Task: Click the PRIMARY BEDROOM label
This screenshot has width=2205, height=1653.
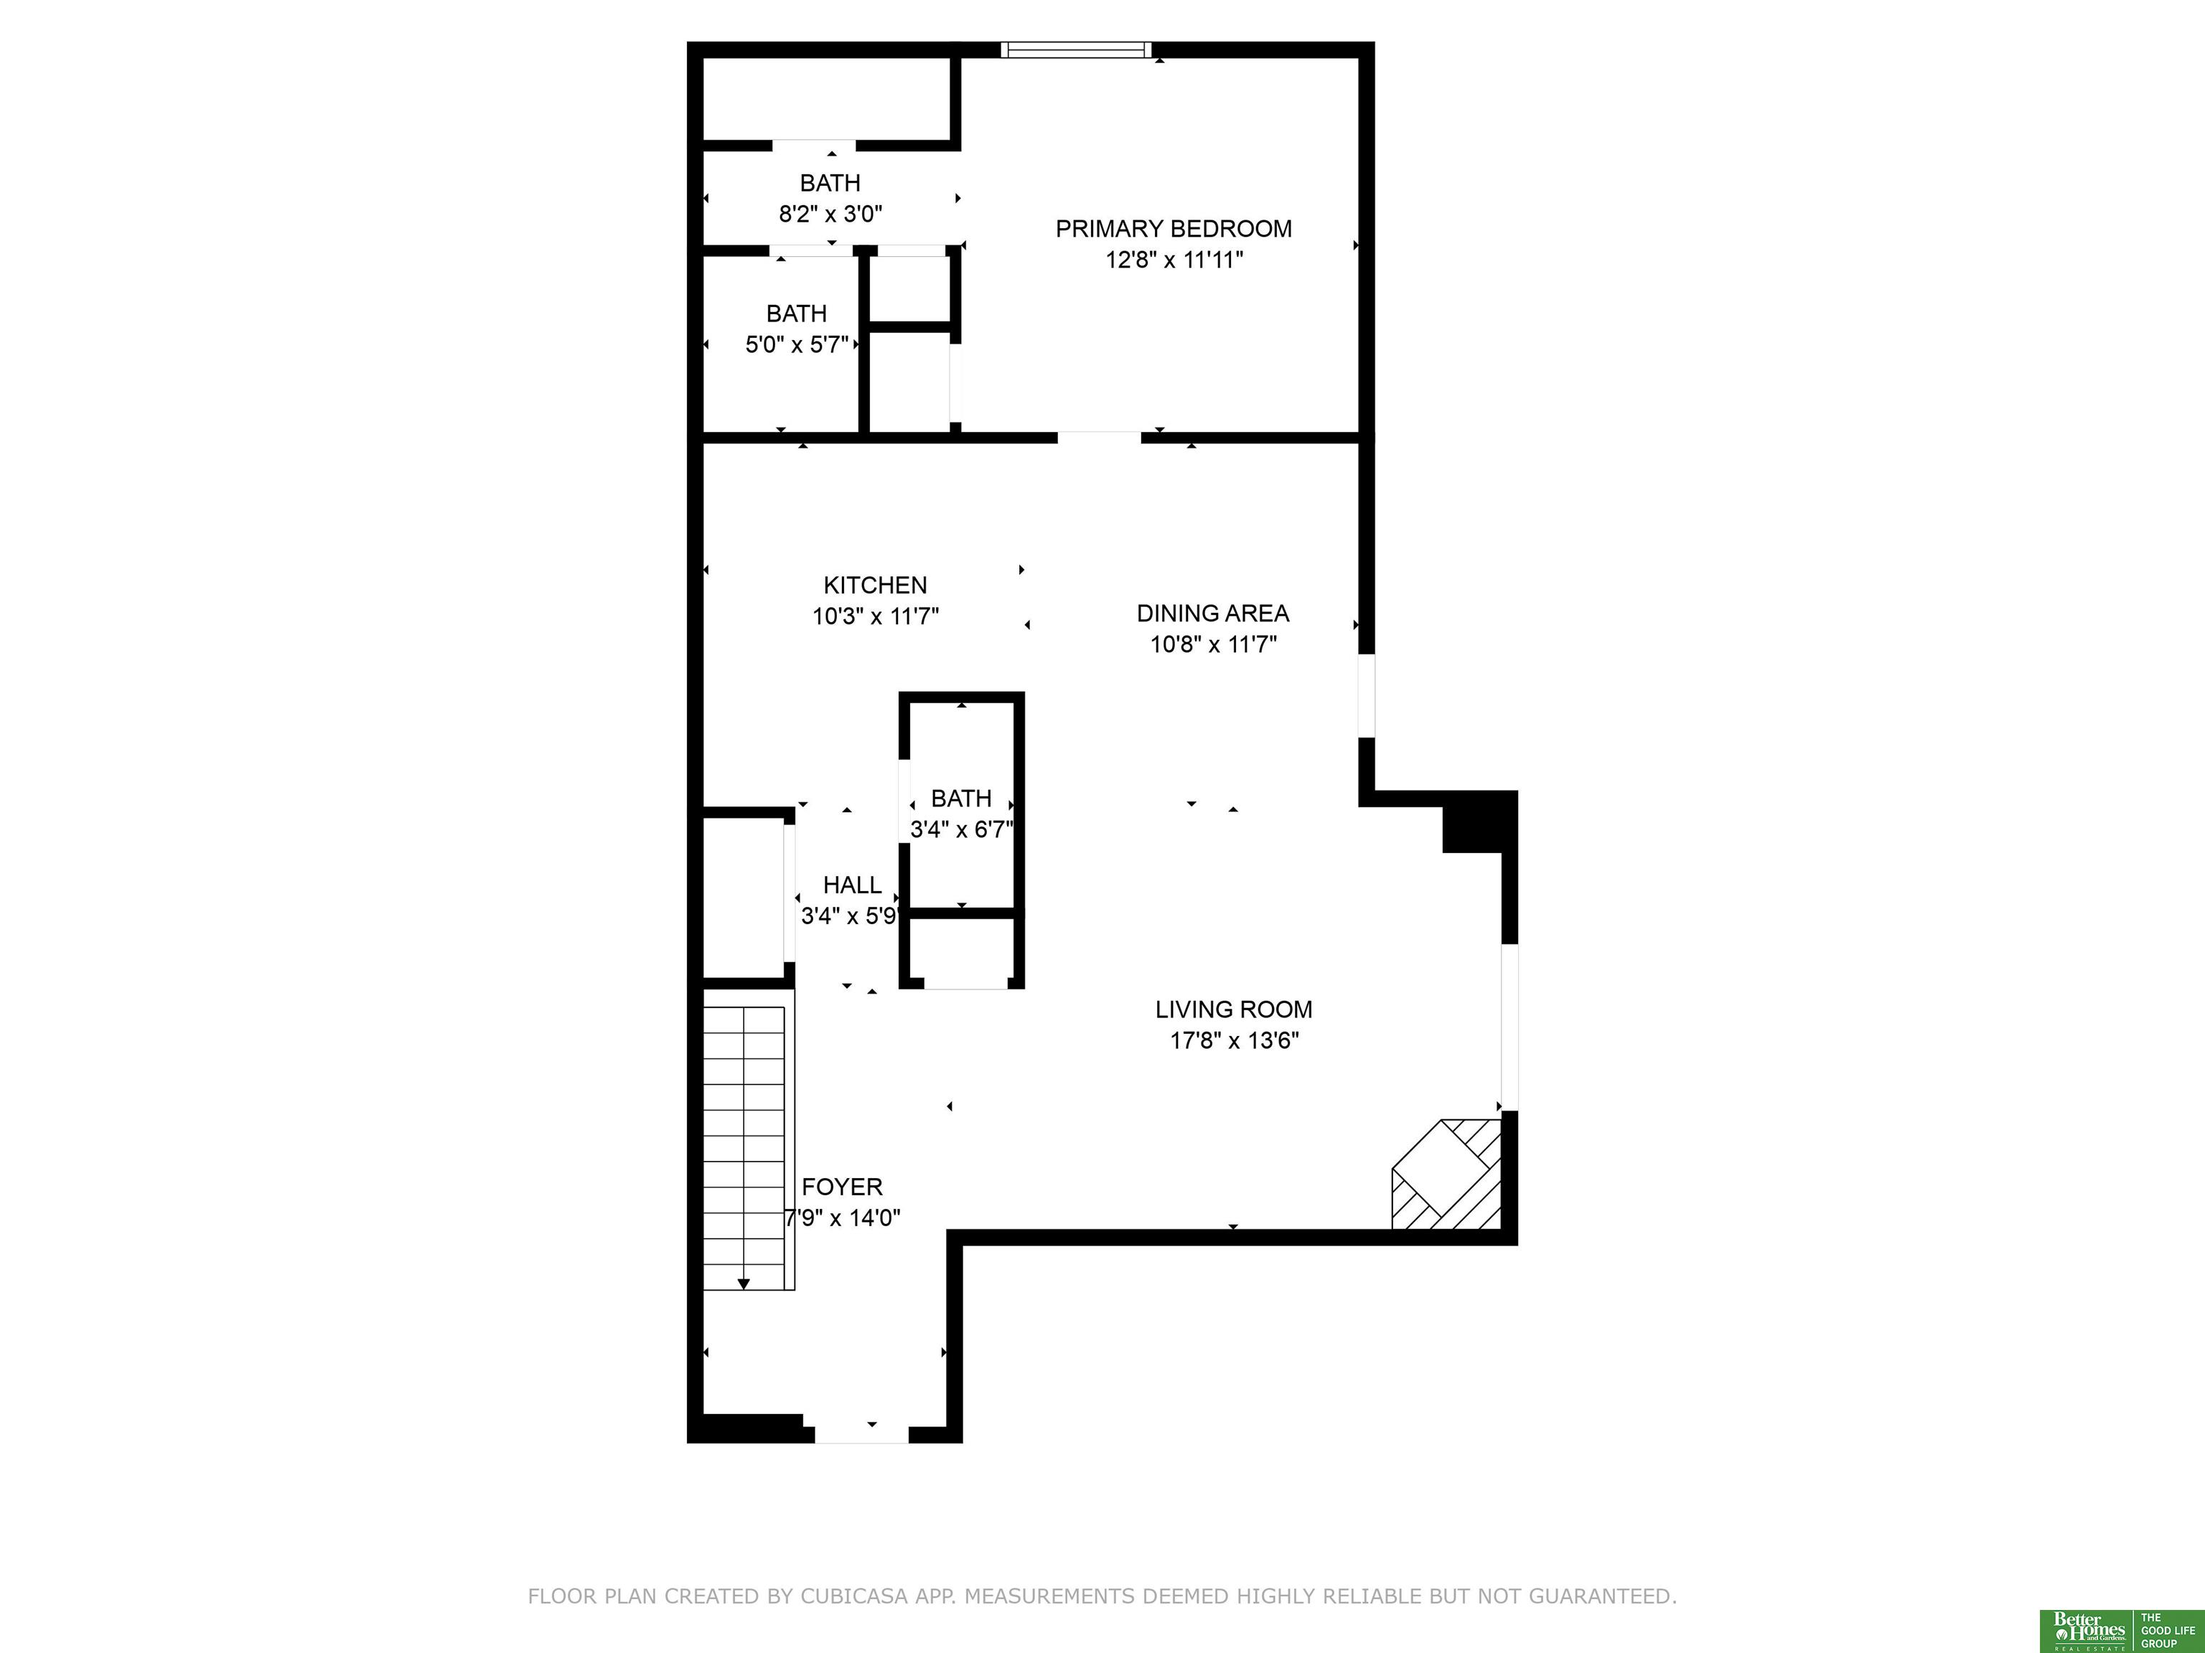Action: click(x=1174, y=229)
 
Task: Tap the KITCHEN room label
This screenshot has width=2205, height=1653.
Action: click(x=875, y=585)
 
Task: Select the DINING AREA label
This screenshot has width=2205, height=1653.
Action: click(x=1213, y=613)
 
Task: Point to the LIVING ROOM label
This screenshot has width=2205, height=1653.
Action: click(x=1234, y=1009)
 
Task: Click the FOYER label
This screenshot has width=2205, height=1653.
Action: click(x=843, y=1187)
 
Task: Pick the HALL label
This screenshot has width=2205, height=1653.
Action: click(x=852, y=885)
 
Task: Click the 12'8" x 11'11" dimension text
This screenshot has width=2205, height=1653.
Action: click(x=1174, y=260)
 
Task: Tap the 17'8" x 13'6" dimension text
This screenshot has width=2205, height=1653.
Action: click(x=1234, y=1041)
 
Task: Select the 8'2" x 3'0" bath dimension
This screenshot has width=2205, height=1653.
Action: click(x=830, y=213)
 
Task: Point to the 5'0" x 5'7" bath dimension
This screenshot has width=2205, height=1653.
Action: click(x=797, y=345)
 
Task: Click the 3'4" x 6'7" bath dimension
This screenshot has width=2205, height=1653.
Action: click(x=962, y=829)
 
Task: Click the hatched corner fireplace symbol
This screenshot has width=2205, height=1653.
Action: click(x=1446, y=1174)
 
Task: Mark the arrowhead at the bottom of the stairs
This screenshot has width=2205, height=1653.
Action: click(x=744, y=1284)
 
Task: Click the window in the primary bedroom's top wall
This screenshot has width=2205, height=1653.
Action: click(x=1077, y=50)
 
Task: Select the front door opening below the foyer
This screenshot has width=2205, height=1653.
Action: click(x=862, y=1435)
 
